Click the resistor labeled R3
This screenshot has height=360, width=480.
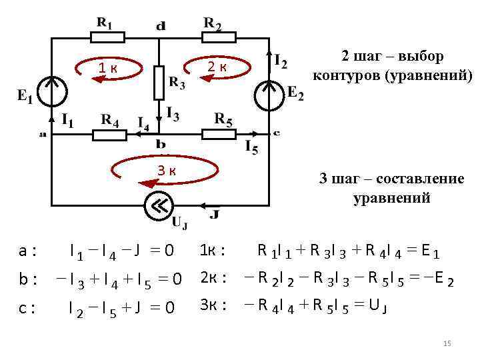159,81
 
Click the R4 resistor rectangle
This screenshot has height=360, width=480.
109,135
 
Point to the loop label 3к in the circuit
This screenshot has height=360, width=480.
167,170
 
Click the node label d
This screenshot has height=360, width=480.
161,27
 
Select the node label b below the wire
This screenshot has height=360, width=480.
161,144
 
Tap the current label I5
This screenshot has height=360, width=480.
251,147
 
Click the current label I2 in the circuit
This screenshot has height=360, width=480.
281,61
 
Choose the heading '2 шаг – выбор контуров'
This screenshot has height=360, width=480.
391,65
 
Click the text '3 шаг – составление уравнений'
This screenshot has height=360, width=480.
391,189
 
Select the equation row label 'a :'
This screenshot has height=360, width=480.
27,251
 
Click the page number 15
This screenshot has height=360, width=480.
447,343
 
